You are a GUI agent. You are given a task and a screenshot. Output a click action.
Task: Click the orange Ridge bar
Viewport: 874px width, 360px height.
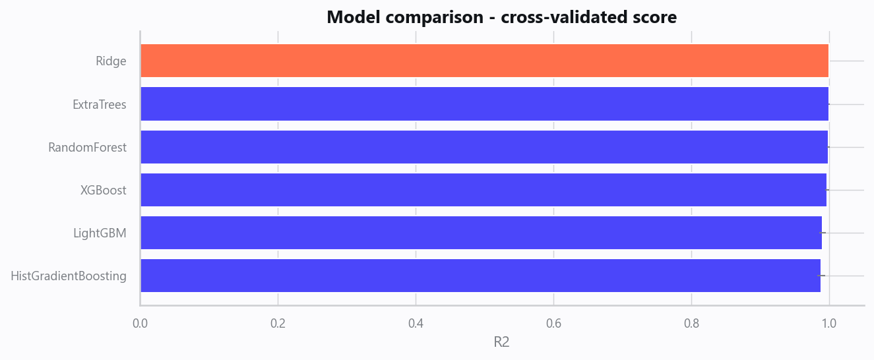pos(485,61)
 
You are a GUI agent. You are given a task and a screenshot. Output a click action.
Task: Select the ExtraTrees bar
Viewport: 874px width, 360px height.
pos(485,104)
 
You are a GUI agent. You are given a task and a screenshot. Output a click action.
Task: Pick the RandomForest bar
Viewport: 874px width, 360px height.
pos(484,147)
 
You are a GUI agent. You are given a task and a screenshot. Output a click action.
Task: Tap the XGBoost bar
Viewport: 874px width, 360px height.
pos(484,190)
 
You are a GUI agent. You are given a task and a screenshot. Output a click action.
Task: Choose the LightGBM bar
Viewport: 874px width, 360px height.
pos(481,233)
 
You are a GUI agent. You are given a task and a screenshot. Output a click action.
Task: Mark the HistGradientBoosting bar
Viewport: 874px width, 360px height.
pos(481,276)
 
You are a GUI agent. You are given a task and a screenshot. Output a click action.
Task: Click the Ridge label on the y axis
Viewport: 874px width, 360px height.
pos(111,61)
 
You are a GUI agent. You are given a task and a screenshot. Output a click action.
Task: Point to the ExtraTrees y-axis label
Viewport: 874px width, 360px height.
pos(100,105)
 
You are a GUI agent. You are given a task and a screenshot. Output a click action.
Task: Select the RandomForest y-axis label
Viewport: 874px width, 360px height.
pos(87,148)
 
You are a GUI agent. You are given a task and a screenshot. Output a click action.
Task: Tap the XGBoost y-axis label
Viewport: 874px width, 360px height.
pos(104,191)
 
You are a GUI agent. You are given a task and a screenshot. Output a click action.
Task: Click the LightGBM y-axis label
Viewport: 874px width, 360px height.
pos(100,233)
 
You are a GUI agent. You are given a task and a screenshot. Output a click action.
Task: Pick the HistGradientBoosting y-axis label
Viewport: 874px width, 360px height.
pos(69,276)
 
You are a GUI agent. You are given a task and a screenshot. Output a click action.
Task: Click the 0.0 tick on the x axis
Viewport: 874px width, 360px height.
pos(140,323)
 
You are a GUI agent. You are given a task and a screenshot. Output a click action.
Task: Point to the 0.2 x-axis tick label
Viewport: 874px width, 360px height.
pos(278,323)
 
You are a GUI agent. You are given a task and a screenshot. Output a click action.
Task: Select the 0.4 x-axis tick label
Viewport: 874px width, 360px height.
pos(416,323)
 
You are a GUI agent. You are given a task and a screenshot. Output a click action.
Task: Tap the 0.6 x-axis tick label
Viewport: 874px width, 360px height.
pos(553,323)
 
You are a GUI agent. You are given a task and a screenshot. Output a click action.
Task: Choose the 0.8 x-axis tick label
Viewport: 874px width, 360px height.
pos(691,323)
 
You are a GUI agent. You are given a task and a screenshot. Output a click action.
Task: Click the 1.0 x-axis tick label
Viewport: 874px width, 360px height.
pos(829,323)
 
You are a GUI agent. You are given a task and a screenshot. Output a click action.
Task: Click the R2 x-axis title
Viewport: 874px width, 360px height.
pos(502,342)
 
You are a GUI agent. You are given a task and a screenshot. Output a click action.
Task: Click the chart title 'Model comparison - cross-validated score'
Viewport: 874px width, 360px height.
pos(502,17)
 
